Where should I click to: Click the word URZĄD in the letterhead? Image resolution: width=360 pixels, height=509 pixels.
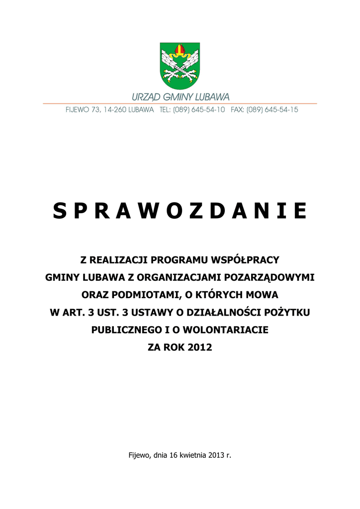tap(145, 97)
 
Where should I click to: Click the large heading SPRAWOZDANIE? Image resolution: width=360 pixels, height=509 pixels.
tap(180, 211)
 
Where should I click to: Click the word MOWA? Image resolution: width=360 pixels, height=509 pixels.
tap(262, 295)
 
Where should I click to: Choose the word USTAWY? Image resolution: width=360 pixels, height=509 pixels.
tap(147, 312)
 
